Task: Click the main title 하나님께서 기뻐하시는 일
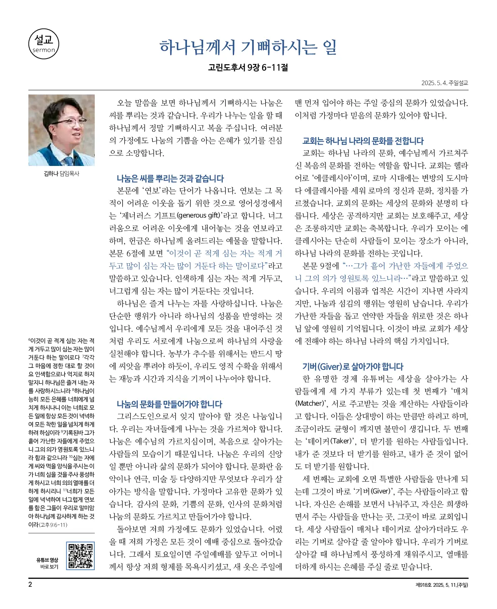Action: (248, 47)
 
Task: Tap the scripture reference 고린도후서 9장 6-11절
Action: (248, 67)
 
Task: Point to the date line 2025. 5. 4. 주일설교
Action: (444, 83)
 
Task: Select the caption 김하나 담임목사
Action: (61, 173)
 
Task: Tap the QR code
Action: (80, 555)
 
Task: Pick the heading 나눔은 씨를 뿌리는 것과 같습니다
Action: (170, 178)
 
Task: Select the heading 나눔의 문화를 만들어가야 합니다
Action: (169, 404)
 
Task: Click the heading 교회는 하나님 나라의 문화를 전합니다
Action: (363, 141)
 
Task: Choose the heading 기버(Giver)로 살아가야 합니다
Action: (353, 367)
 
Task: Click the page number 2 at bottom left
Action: (30, 584)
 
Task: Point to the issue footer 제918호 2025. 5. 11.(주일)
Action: (441, 585)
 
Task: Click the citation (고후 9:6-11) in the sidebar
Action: (53, 525)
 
